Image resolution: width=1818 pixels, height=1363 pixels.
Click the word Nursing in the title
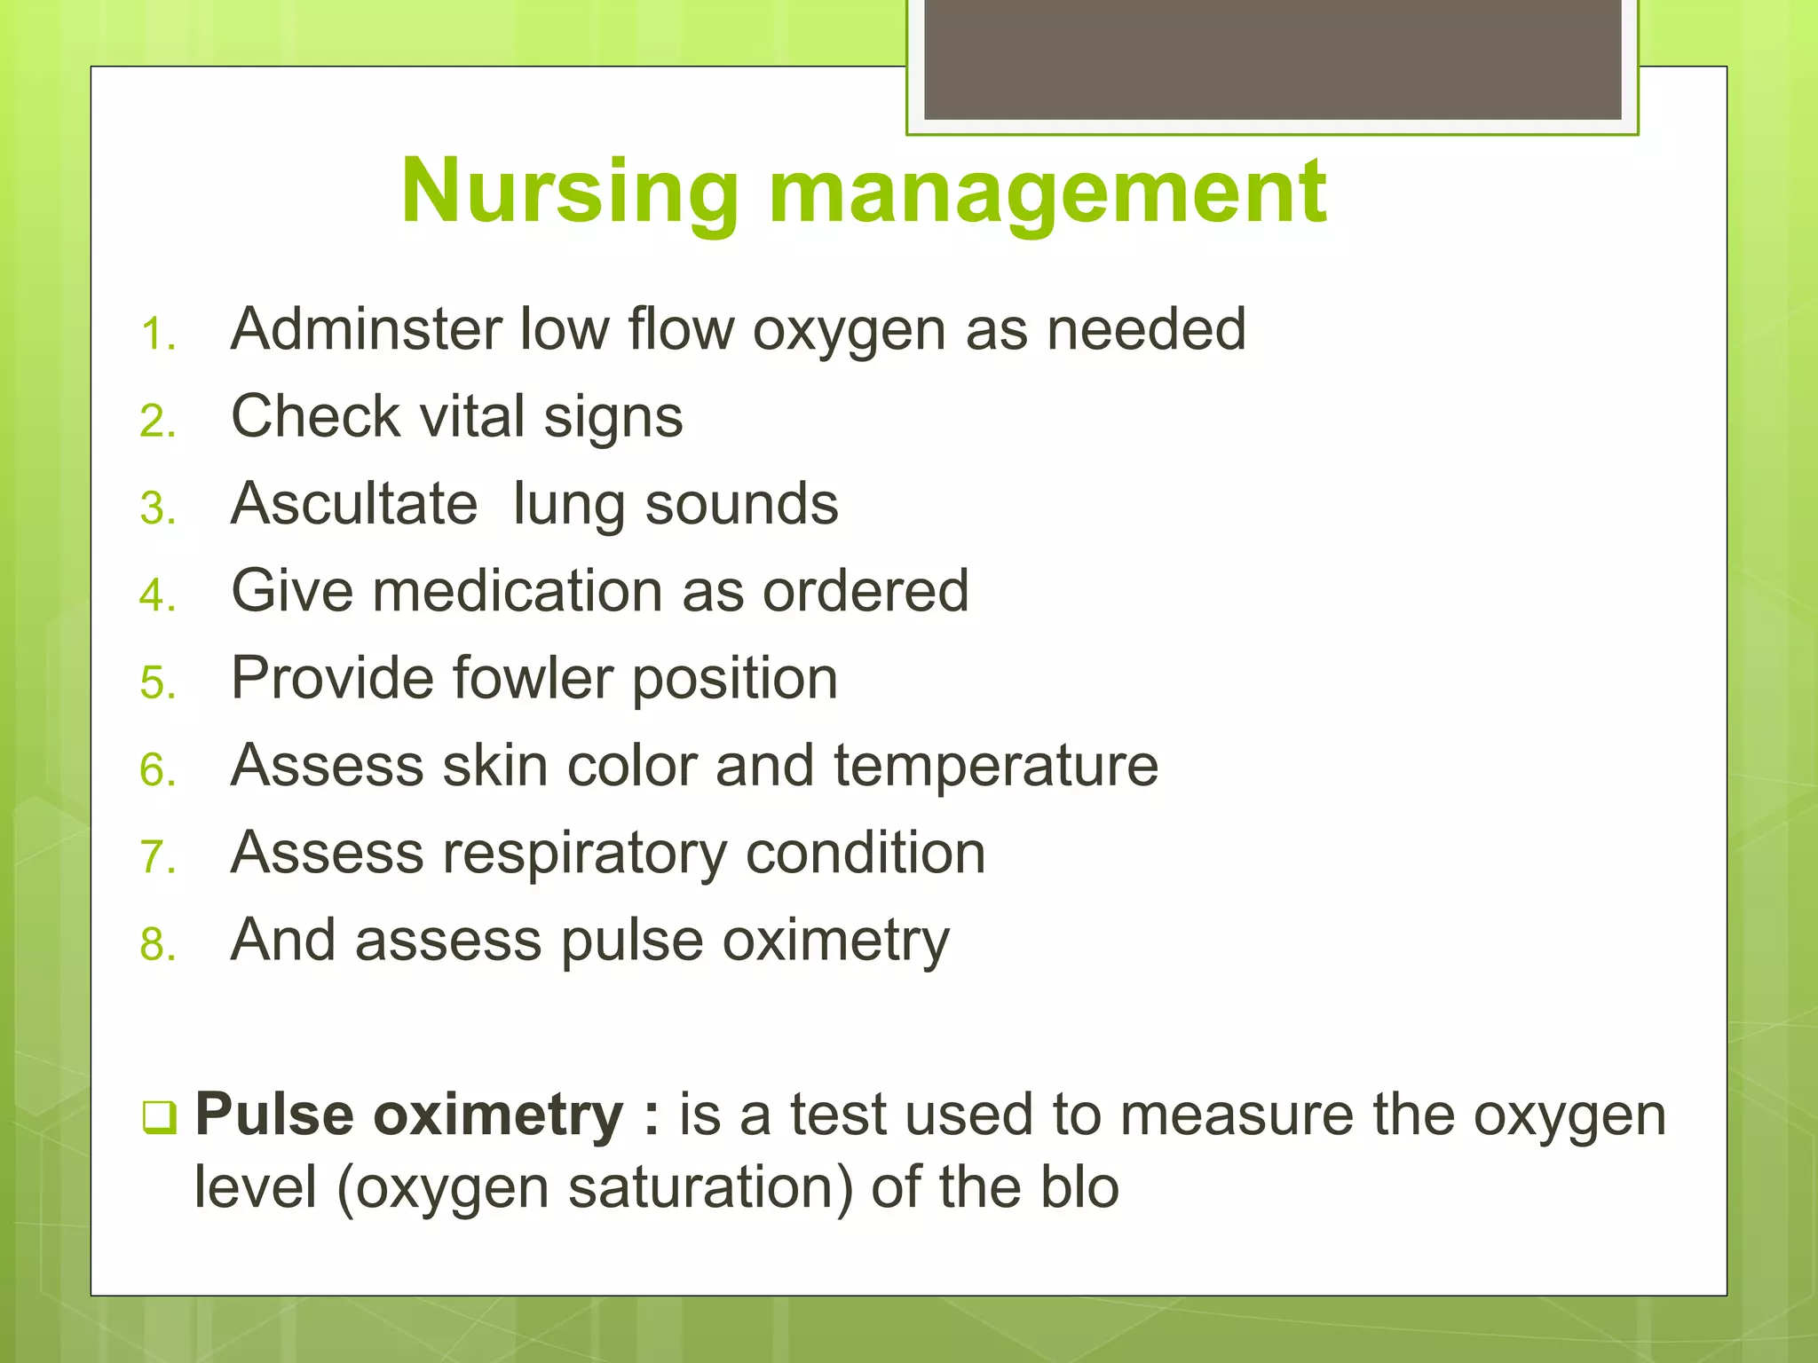[x=570, y=192]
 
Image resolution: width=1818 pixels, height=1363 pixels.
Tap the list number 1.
[x=157, y=335]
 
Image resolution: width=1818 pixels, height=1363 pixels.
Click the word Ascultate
[x=354, y=503]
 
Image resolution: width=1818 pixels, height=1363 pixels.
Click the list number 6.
[x=157, y=769]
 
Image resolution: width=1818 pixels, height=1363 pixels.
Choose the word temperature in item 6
[x=995, y=766]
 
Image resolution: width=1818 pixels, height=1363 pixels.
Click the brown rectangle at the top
[x=1272, y=59]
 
